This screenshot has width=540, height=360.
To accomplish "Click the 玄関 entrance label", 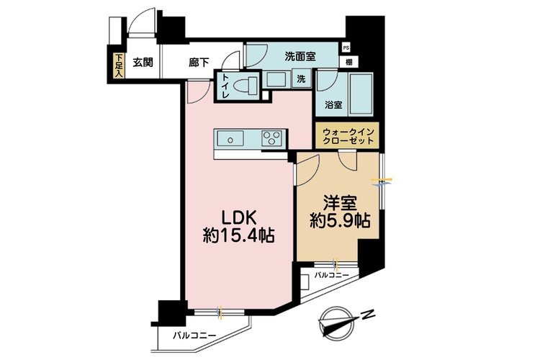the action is pyautogui.click(x=143, y=63).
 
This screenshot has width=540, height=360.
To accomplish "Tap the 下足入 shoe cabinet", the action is pyautogui.click(x=119, y=66).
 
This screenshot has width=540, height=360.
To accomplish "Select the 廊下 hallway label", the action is pyautogui.click(x=199, y=63).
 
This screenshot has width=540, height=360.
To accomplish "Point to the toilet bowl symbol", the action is pyautogui.click(x=246, y=85).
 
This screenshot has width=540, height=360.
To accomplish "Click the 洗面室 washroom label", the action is pyautogui.click(x=300, y=56).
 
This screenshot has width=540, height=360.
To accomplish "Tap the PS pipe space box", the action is pyautogui.click(x=346, y=48).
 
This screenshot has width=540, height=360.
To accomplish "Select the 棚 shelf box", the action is pyautogui.click(x=349, y=63).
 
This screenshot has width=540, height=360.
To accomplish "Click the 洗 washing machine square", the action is pyautogui.click(x=301, y=79).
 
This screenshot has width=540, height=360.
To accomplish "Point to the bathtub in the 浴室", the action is pyautogui.click(x=361, y=94).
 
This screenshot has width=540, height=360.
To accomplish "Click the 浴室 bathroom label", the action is pyautogui.click(x=333, y=105).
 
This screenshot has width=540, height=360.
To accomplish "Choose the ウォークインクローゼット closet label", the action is pyautogui.click(x=348, y=136).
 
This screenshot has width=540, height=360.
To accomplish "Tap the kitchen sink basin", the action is pyautogui.click(x=230, y=139).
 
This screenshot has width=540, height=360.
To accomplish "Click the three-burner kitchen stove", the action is pyautogui.click(x=272, y=138).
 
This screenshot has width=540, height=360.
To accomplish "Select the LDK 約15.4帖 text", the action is pyautogui.click(x=238, y=227).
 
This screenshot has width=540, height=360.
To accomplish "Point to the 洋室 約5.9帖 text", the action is pyautogui.click(x=340, y=212).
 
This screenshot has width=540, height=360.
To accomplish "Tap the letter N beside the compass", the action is pyautogui.click(x=367, y=315).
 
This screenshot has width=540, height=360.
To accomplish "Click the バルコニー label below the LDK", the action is pyautogui.click(x=194, y=336).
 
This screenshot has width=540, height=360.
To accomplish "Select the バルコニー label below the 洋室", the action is pyautogui.click(x=332, y=275).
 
